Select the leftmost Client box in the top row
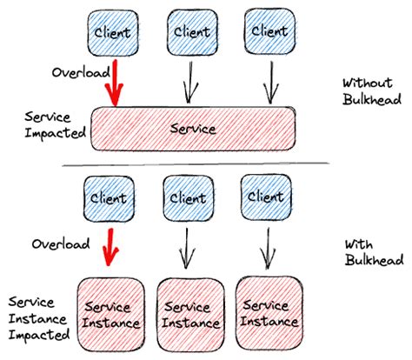(110, 33)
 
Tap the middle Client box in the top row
(191, 32)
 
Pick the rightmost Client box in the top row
(268, 31)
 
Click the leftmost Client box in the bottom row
(108, 199)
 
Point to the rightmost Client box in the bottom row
(265, 198)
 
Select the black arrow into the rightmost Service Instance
(265, 246)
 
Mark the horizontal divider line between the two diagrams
(195, 164)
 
